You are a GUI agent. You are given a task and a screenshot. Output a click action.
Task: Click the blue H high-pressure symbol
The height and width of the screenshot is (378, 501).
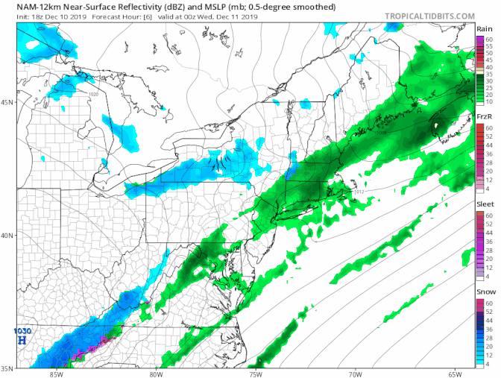click(22, 339)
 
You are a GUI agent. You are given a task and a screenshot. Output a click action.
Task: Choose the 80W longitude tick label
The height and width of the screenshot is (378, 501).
click(155, 374)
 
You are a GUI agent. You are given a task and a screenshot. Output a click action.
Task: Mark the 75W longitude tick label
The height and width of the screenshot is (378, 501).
click(254, 374)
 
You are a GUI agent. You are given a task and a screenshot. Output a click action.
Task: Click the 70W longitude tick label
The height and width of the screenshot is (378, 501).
click(353, 374)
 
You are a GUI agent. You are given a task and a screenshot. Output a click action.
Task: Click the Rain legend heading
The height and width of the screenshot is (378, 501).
click(485, 30)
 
